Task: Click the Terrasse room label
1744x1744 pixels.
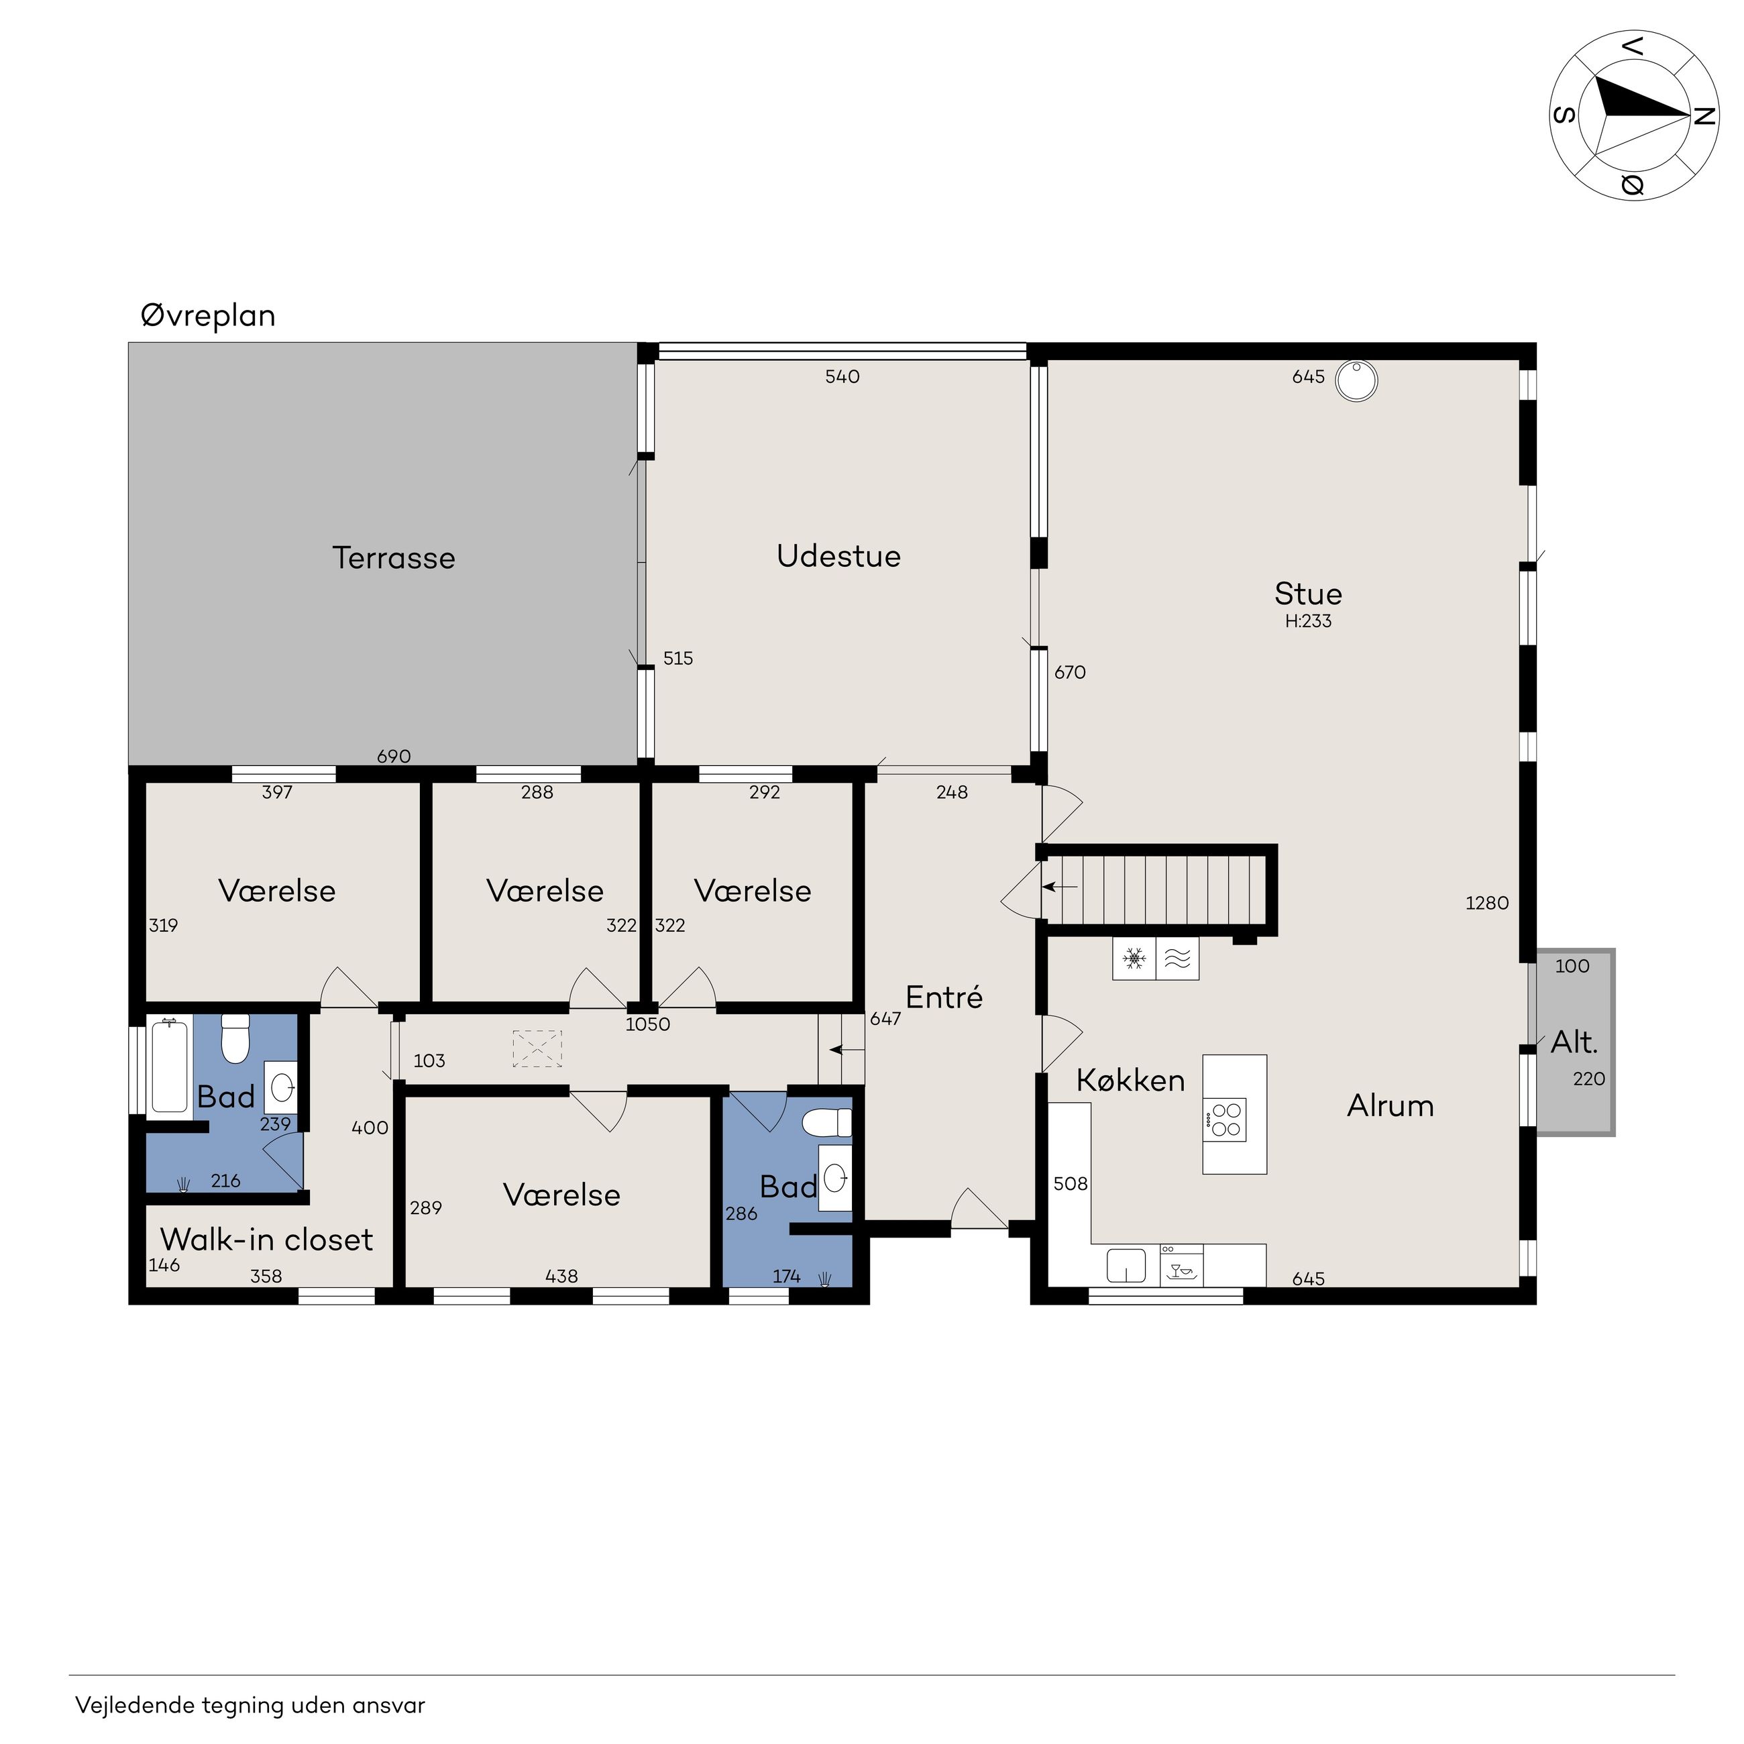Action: pyautogui.click(x=394, y=558)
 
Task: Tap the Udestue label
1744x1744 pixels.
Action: pyautogui.click(x=838, y=556)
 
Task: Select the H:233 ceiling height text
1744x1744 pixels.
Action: pyautogui.click(x=1308, y=621)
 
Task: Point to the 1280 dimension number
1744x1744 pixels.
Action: pyautogui.click(x=1486, y=903)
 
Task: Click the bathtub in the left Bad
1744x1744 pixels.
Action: pyautogui.click(x=170, y=1066)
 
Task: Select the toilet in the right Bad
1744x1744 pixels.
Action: pyautogui.click(x=828, y=1123)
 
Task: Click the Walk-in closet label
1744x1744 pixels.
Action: pyautogui.click(x=266, y=1240)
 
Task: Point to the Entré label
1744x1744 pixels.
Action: pyautogui.click(x=944, y=997)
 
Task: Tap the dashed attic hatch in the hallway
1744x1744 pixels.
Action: pyautogui.click(x=537, y=1049)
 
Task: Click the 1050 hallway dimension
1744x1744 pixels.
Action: pyautogui.click(x=648, y=1024)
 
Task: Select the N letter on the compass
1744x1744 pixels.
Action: pyautogui.click(x=1704, y=117)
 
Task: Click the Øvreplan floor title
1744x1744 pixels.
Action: pyautogui.click(x=208, y=316)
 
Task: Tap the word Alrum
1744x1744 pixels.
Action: pyautogui.click(x=1390, y=1106)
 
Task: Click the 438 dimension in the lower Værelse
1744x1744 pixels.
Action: pyautogui.click(x=561, y=1276)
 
